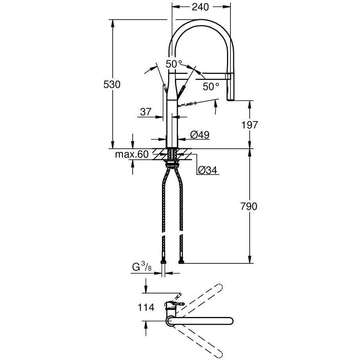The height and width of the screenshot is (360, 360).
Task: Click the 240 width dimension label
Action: click(200, 7)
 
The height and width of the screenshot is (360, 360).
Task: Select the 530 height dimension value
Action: click(112, 85)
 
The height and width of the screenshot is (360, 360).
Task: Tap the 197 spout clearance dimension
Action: click(250, 125)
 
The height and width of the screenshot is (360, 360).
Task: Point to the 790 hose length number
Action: click(249, 206)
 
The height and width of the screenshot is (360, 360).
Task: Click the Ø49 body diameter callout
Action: click(200, 135)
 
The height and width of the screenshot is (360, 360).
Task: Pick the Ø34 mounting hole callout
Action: click(207, 170)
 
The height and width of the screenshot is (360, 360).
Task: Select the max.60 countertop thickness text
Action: click(132, 154)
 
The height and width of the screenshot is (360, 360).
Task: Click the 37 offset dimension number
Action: click(146, 112)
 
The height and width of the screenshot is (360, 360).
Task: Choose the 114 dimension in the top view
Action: click(146, 307)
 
